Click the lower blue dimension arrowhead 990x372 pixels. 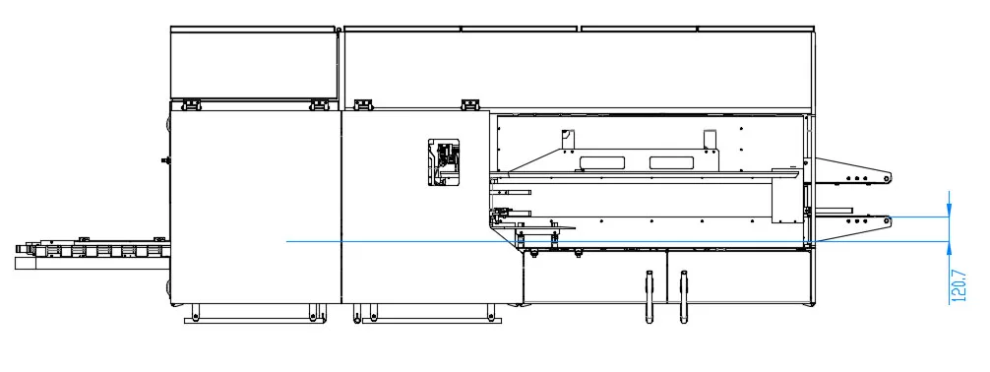click(x=949, y=249)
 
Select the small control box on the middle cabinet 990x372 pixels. click(x=445, y=161)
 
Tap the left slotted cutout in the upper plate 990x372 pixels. click(x=601, y=162)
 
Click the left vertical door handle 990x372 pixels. click(x=649, y=295)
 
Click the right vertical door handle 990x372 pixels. click(x=682, y=295)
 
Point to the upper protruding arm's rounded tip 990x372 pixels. click(x=889, y=178)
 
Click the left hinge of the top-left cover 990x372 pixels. click(x=192, y=102)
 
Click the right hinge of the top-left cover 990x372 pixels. click(x=319, y=102)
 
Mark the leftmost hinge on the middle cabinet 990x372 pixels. click(x=360, y=102)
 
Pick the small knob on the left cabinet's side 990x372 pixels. click(x=164, y=157)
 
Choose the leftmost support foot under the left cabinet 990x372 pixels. click(x=194, y=313)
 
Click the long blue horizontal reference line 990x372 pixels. click(x=551, y=241)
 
